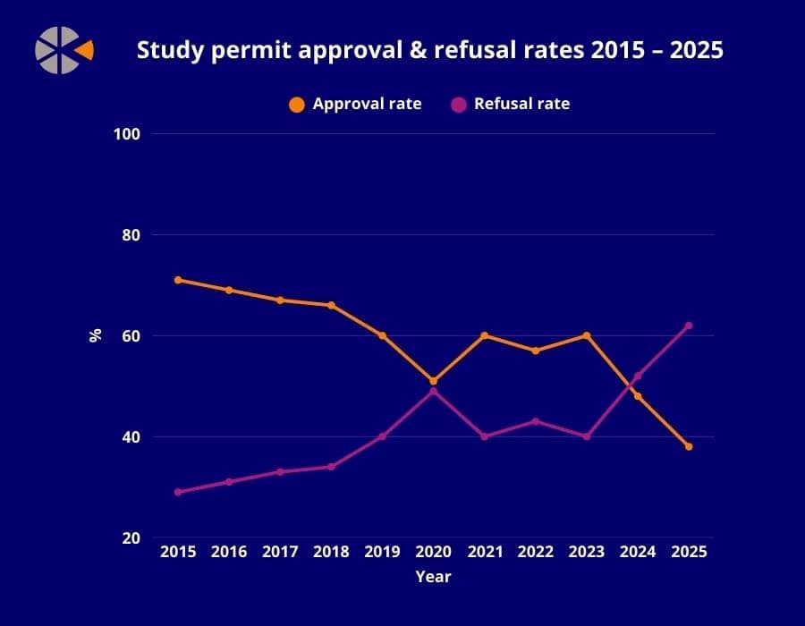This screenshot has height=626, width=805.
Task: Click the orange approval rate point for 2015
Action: pyautogui.click(x=178, y=280)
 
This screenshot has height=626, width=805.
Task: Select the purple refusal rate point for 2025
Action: pyautogui.click(x=689, y=326)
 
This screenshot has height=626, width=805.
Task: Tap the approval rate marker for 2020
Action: pyautogui.click(x=433, y=381)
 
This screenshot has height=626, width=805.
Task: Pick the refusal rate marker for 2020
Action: pyautogui.click(x=433, y=391)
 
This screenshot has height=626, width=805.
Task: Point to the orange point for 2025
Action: pyautogui.click(x=689, y=446)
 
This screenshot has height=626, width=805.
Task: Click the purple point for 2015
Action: pyautogui.click(x=178, y=492)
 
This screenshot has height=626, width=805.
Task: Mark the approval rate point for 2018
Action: pyautogui.click(x=331, y=305)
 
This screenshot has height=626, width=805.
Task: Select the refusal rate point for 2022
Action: pyautogui.click(x=535, y=421)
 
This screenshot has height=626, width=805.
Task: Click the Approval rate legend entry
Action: pyautogui.click(x=355, y=104)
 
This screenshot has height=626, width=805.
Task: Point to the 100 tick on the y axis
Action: pyautogui.click(x=129, y=134)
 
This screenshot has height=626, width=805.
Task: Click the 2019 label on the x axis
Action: pyautogui.click(x=382, y=552)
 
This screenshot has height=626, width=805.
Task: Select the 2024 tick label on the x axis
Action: pyautogui.click(x=638, y=552)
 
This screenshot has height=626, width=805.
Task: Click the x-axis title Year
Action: pyautogui.click(x=433, y=577)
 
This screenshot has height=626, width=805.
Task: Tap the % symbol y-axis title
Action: pyautogui.click(x=95, y=335)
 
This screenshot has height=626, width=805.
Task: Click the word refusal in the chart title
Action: pyautogui.click(x=470, y=51)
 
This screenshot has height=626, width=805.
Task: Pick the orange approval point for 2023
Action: pyautogui.click(x=586, y=335)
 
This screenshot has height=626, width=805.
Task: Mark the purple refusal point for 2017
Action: pyautogui.click(x=280, y=471)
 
